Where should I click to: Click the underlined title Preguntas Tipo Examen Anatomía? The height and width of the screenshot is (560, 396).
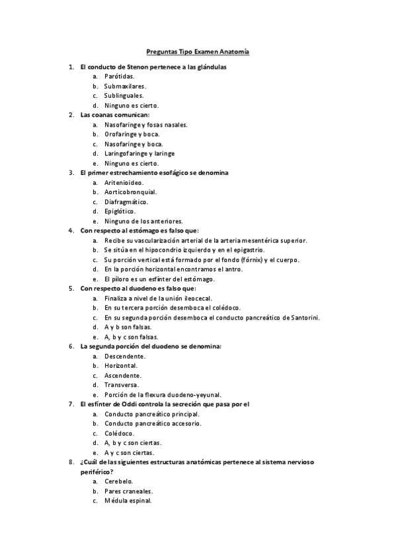[198, 51]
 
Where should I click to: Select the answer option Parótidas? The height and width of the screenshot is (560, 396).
[119, 77]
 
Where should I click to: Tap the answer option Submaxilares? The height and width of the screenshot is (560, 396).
[125, 86]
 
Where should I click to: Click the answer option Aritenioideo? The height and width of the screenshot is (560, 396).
[124, 182]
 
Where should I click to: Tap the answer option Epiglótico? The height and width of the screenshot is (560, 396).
[120, 211]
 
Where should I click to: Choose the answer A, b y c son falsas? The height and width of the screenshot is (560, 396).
[131, 337]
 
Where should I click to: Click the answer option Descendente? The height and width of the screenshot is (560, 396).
[125, 356]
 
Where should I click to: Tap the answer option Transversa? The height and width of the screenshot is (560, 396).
[121, 385]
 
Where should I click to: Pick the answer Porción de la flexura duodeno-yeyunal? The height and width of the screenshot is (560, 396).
[163, 395]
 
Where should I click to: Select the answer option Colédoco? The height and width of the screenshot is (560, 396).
[119, 433]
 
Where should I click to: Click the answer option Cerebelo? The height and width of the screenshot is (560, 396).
[119, 481]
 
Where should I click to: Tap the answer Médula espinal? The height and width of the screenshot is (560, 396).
[128, 501]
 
